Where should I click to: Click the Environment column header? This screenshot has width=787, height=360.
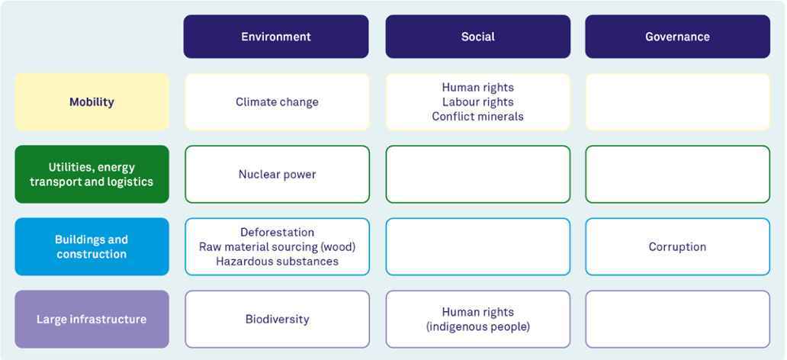point(276,37)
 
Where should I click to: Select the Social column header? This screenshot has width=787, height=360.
point(478,37)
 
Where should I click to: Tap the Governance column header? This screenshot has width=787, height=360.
point(678,37)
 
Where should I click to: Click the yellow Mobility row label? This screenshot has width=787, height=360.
point(92,102)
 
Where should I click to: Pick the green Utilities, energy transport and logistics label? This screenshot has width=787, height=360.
point(92,174)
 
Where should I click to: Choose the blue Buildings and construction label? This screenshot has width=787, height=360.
point(92,246)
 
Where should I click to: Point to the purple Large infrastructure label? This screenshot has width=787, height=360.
point(92,320)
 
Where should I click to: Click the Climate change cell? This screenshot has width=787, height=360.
point(277,102)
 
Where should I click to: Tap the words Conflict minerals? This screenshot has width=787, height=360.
point(478,117)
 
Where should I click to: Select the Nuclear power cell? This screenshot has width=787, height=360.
point(277,174)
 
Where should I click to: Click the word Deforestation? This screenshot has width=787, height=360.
point(277,233)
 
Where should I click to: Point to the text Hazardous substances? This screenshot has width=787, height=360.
point(277,261)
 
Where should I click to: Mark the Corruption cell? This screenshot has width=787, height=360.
point(678,246)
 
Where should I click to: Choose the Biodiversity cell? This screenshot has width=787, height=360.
point(277,320)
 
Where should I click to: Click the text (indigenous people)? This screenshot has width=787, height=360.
point(478,327)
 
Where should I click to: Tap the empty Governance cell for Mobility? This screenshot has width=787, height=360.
point(678,102)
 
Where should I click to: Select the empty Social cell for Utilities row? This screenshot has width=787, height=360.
point(478,174)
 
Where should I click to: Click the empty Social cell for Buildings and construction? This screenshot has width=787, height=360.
point(478,246)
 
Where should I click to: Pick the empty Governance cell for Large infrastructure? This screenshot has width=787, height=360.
point(678,320)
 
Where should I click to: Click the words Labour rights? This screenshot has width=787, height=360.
point(478,102)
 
